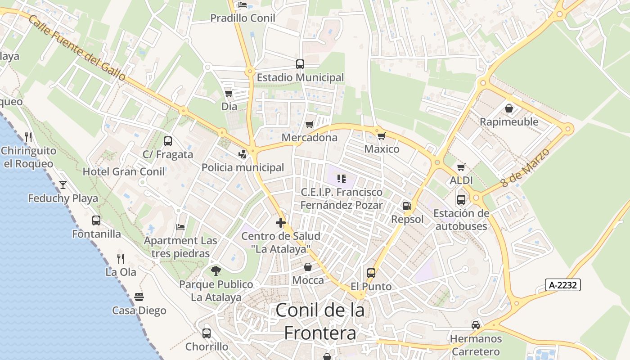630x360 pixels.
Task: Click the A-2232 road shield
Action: coord(563,285)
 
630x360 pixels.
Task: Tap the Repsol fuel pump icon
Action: coord(407,206)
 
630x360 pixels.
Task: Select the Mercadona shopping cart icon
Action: coord(309,124)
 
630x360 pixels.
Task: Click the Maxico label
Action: coord(382,149)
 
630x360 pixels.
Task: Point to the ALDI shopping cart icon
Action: coord(461,167)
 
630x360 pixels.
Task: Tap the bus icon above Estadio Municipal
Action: coord(300,64)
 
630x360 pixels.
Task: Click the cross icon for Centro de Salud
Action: coord(281,223)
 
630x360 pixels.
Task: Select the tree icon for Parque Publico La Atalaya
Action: coord(216,270)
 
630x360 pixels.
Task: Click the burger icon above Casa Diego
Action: coord(139,297)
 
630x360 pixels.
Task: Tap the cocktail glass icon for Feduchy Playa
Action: coord(63,184)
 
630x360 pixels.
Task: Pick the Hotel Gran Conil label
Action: coord(124,171)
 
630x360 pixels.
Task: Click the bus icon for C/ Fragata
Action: coord(168,141)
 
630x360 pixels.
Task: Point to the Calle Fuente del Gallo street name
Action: coord(77,48)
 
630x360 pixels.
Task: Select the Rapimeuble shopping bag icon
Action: coord(509,108)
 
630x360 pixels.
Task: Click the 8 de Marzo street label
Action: coord(526,168)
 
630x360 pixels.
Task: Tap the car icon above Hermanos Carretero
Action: coord(475,325)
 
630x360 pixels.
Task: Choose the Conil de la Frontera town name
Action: coord(320,321)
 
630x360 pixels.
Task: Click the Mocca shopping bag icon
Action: coord(308,267)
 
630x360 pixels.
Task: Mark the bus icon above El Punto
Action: coord(371,273)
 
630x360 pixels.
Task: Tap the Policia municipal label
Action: coord(243,168)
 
